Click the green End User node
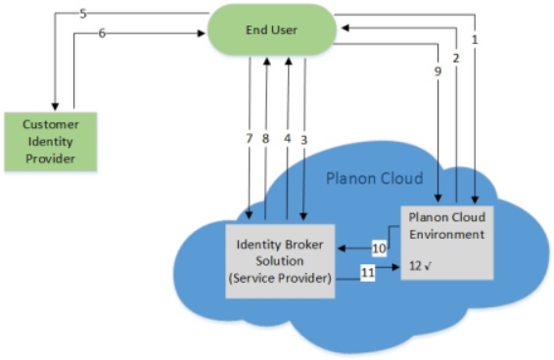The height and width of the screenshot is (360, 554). pyautogui.click(x=271, y=29)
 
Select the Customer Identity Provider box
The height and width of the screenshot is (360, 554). pyautogui.click(x=50, y=141)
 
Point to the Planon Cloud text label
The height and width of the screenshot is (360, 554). pyautogui.click(x=374, y=179)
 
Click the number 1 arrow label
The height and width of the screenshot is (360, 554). pyautogui.click(x=475, y=41)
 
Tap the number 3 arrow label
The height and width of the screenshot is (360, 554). pyautogui.click(x=304, y=140)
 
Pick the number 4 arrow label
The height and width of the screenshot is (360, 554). pyautogui.click(x=287, y=140)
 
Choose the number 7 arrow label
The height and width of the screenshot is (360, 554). pyautogui.click(x=250, y=140)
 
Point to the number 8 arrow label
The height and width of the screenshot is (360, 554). pyautogui.click(x=266, y=140)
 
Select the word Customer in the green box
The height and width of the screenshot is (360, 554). pyautogui.click(x=51, y=124)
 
